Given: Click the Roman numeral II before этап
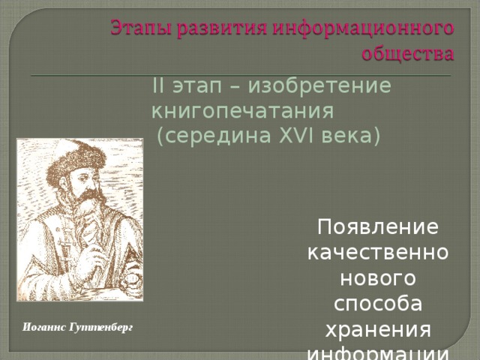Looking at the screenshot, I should [x=158, y=85].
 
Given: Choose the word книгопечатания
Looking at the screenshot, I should [x=241, y=111].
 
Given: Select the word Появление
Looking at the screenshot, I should [x=378, y=226].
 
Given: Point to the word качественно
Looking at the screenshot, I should [x=378, y=253].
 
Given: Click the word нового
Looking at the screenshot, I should [x=378, y=280].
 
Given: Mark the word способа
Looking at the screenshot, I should [x=378, y=306].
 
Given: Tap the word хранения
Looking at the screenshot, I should [x=378, y=332].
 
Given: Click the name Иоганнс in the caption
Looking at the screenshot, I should [x=44, y=328].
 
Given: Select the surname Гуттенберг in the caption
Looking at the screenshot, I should [x=100, y=328].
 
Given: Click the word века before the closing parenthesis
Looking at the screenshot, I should [x=348, y=136].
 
